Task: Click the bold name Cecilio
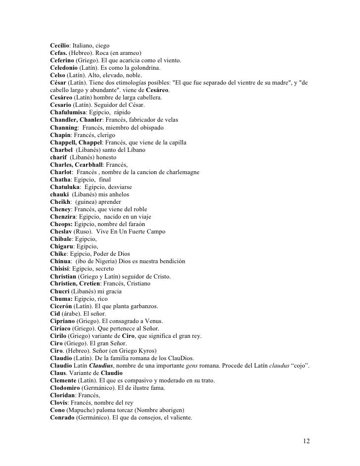pyautogui.click(x=61, y=46)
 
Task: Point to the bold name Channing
pyautogui.click(x=64, y=127)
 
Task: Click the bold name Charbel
pyautogui.click(x=61, y=149)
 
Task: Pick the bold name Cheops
pyautogui.click(x=62, y=224)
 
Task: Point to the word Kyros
pyautogui.click(x=151, y=351)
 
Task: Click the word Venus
pyautogui.click(x=153, y=321)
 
